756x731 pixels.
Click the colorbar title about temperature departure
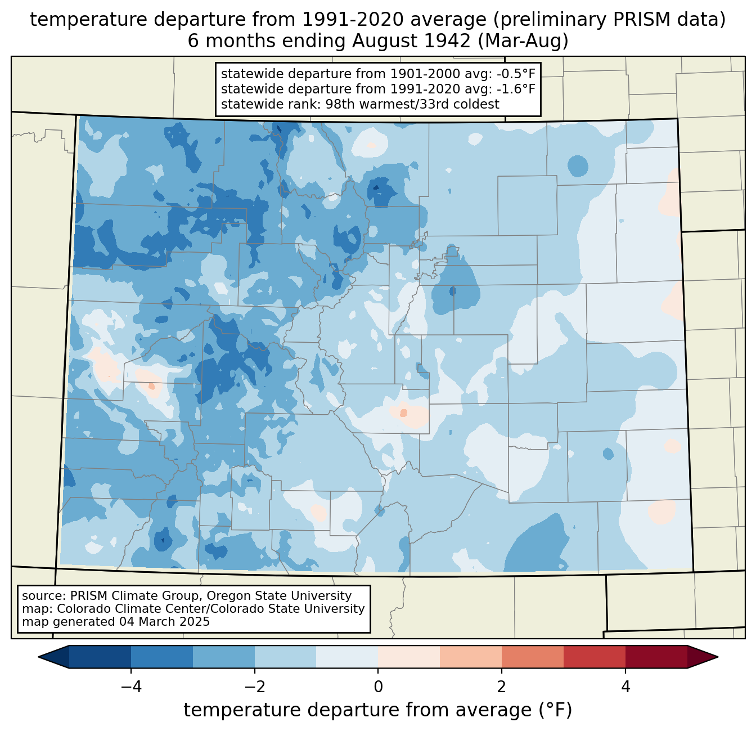coord(377,710)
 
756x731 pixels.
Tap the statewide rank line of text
coord(360,104)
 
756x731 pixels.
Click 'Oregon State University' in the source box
coord(287,596)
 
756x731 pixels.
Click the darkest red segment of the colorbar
coord(656,657)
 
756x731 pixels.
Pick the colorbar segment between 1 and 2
coord(471,657)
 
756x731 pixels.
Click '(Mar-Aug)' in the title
coord(521,41)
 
